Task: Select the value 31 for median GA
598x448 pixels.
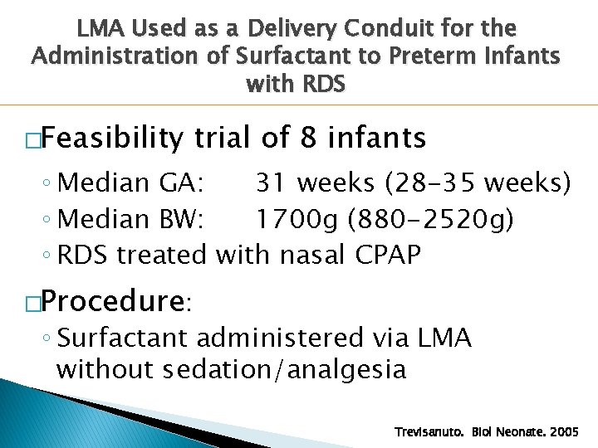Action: pos(269,182)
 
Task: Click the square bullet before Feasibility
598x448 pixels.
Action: pos(32,140)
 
